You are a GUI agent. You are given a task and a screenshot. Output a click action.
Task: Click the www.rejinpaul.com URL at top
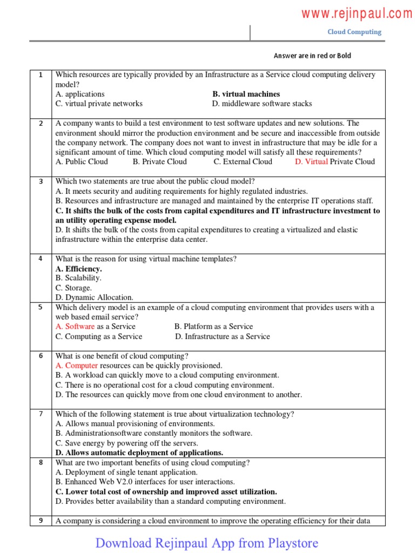(x=356, y=14)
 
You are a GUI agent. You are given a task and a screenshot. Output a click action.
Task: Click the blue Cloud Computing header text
(x=354, y=32)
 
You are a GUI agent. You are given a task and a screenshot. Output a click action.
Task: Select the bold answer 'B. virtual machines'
(x=246, y=94)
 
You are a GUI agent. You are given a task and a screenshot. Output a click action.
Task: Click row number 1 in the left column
(x=40, y=75)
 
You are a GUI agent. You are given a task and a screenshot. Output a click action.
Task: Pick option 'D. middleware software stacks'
(x=262, y=104)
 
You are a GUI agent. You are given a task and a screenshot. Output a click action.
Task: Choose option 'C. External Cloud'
(x=243, y=161)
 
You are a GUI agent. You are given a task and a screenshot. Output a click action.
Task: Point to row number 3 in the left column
(x=40, y=181)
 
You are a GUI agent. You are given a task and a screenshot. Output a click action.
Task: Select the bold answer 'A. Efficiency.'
(x=78, y=268)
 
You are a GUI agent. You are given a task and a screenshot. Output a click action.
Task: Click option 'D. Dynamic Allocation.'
(x=94, y=298)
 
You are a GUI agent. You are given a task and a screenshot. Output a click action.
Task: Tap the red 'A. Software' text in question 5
(x=75, y=327)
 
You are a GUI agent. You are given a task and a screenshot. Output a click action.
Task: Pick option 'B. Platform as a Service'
(x=213, y=327)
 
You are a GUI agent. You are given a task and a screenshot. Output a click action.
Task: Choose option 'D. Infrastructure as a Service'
(x=222, y=336)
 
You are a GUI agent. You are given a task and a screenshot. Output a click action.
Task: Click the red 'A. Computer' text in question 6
(x=77, y=366)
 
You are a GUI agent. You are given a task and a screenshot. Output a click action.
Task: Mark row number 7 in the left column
(x=40, y=414)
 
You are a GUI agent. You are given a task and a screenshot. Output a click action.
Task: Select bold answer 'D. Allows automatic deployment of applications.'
(x=139, y=453)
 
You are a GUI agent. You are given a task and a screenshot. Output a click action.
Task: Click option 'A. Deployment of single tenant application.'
(x=126, y=473)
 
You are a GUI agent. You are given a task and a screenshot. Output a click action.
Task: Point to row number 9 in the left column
(x=40, y=521)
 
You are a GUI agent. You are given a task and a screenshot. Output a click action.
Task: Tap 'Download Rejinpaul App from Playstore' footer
(x=207, y=543)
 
